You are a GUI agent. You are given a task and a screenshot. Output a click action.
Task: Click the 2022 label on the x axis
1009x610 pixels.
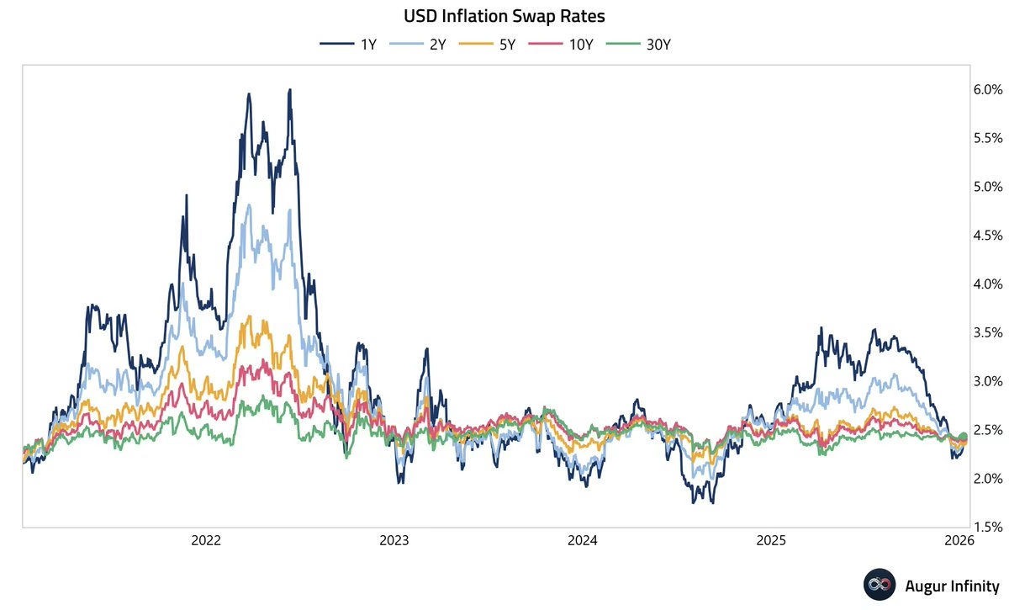[x=207, y=539]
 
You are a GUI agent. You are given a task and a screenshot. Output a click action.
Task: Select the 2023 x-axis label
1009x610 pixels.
[x=395, y=539]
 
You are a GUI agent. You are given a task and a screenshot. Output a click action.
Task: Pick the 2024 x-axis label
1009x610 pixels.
[x=584, y=539]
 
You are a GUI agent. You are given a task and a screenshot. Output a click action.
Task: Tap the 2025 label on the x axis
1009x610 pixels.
[x=772, y=539]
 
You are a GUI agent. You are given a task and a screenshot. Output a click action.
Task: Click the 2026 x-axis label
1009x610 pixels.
[x=959, y=539]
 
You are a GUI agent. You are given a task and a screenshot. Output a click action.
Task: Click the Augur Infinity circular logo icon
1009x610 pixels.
[x=878, y=585]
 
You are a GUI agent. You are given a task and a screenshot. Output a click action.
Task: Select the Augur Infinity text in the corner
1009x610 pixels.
[x=950, y=585]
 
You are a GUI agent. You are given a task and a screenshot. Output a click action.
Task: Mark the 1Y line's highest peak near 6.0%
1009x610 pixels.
[x=289, y=90]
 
